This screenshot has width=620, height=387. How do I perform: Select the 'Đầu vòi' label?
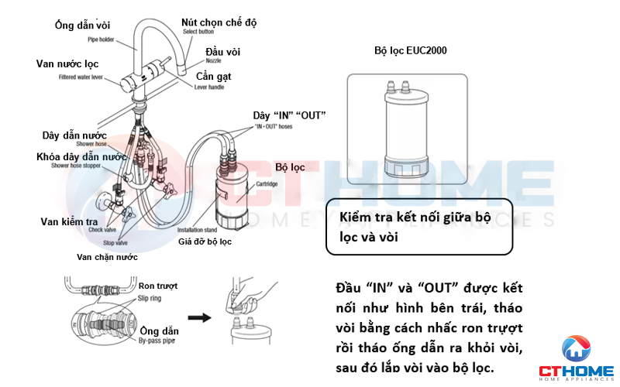(222, 51)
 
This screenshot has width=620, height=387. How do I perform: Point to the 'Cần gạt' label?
(213, 77)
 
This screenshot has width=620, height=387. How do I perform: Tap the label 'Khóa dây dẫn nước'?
(81, 156)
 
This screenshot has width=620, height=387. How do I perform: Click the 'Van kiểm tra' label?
(69, 221)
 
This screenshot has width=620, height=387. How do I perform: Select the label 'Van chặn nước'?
(107, 256)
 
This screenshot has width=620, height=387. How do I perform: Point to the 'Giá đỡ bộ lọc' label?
(205, 241)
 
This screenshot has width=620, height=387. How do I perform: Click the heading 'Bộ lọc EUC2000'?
(410, 50)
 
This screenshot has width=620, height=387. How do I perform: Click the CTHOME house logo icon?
(575, 348)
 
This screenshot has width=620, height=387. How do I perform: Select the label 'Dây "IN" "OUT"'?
(289, 115)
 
